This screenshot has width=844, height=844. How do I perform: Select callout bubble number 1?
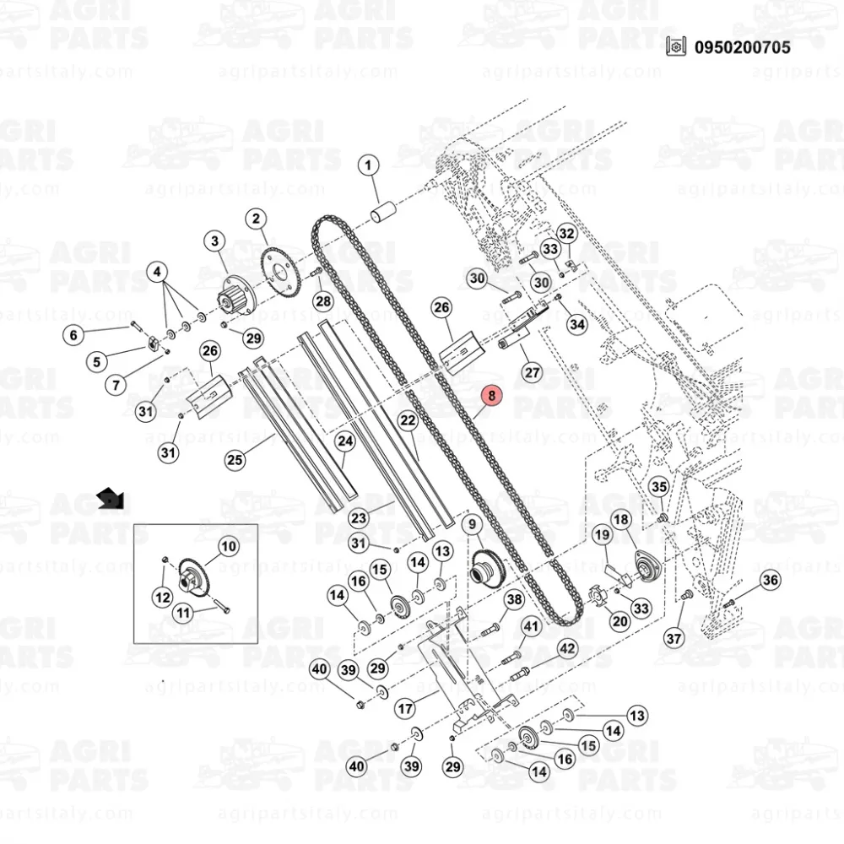pos(368,165)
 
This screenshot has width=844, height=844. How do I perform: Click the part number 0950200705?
pos(742,47)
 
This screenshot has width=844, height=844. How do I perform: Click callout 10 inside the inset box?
pos(229,547)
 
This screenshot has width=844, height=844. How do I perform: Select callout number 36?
pos(770,580)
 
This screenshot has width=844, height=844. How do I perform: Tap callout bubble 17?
pos(406,709)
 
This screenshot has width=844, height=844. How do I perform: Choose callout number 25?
pos(235,460)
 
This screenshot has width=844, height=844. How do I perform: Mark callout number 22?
pos(408,419)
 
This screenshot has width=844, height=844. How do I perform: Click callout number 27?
pos(532,372)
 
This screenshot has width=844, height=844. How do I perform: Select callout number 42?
pos(567,649)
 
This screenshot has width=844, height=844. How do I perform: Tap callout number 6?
pos(73,335)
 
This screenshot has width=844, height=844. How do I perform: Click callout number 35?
pos(658,486)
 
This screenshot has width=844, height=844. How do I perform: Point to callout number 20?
pos(619,622)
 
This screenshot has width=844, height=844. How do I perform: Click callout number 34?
pos(576,324)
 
